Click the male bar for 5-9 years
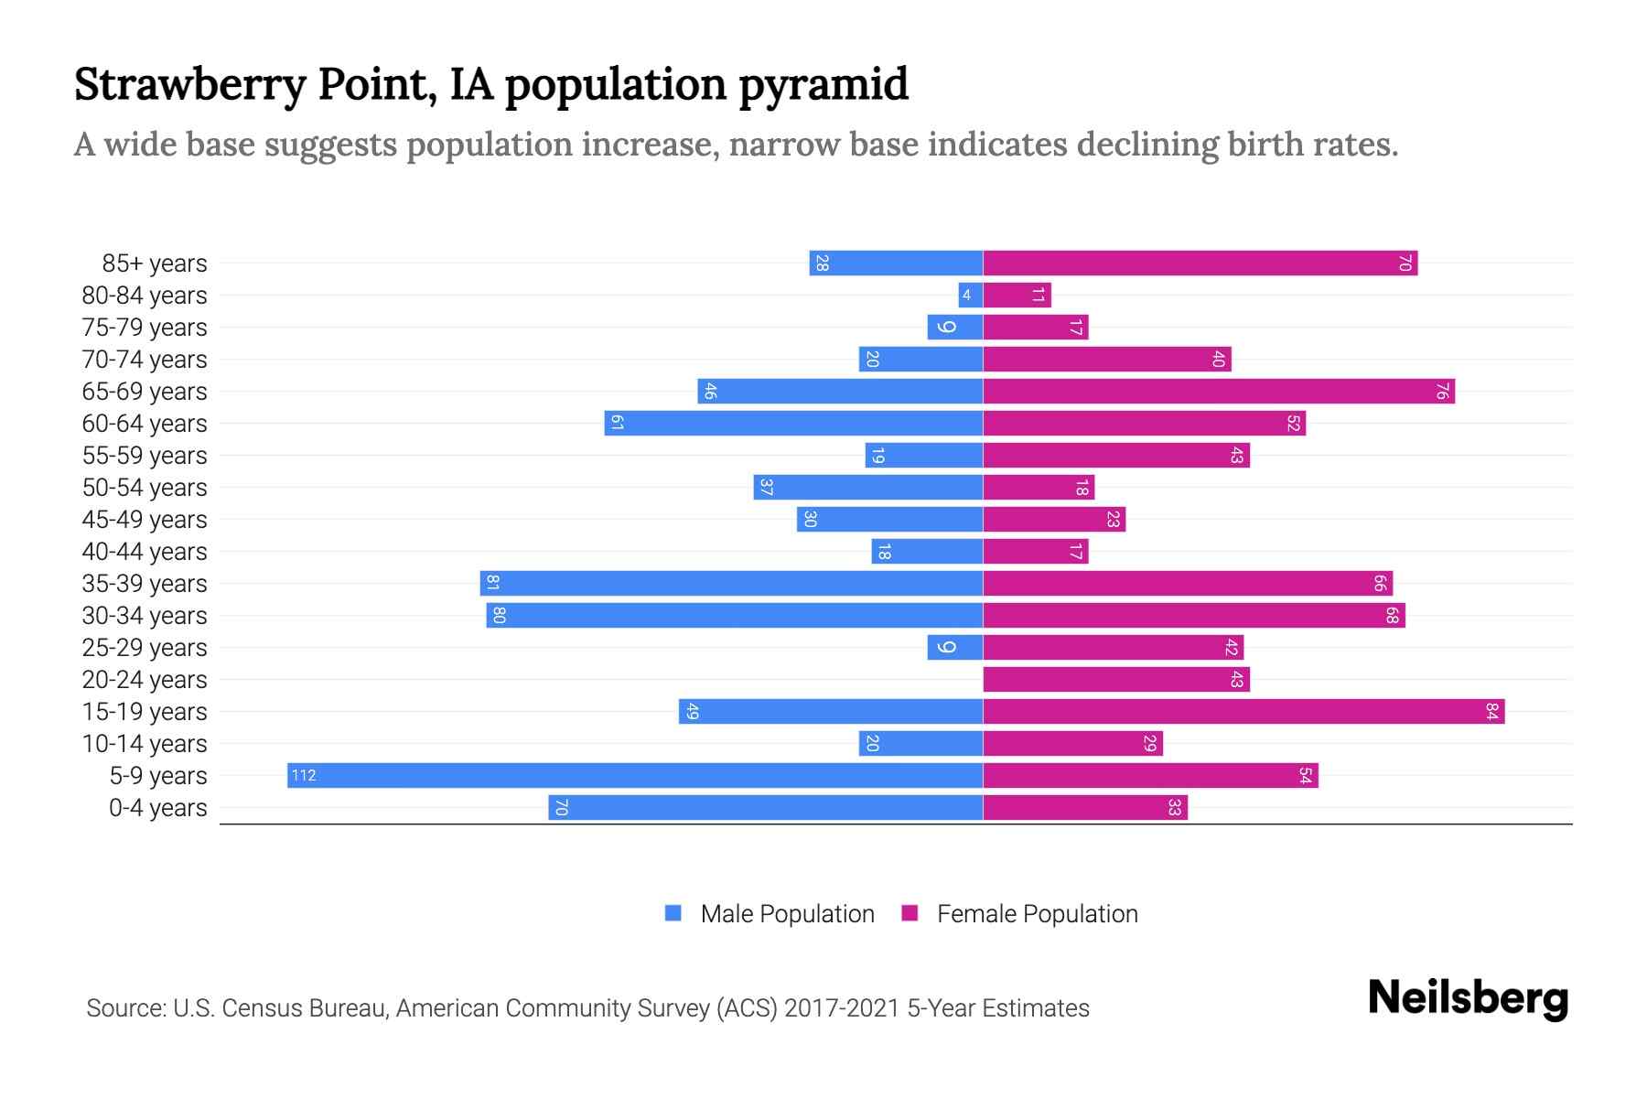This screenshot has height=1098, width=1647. coord(634,775)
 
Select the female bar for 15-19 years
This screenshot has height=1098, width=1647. coord(1243,711)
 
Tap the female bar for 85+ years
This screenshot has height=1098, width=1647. coord(1199,263)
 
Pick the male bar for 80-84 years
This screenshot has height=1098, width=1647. coord(970,295)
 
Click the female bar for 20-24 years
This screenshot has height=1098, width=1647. coord(1115,679)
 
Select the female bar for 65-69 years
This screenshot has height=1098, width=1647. coord(1218,391)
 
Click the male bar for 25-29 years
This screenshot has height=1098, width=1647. coord(954,647)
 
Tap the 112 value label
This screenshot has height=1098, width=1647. coord(303,776)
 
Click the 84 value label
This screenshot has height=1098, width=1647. coord(1491,711)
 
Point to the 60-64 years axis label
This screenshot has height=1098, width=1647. coord(145,424)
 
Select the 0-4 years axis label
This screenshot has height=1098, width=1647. coord(157,808)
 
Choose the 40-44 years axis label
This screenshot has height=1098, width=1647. coord(145,552)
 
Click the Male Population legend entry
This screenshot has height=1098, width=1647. coord(786,913)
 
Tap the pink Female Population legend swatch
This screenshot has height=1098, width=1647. coord(910,913)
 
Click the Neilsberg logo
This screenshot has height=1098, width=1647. coord(1468,997)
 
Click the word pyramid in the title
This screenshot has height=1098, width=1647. coord(823,84)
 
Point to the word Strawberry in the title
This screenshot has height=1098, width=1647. coord(189,84)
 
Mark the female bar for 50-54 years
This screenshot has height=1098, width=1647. coord(1039,487)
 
